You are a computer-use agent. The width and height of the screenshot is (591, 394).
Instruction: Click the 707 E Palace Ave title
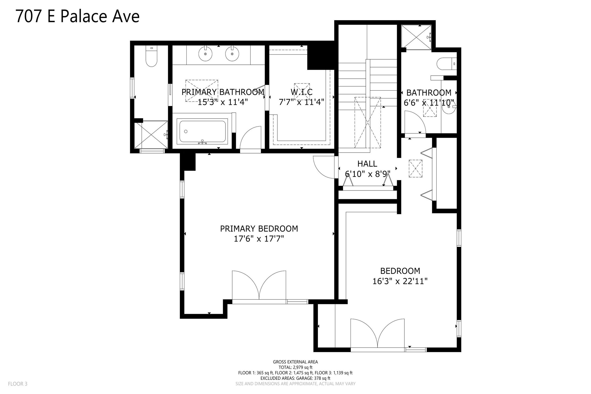(x=78, y=16)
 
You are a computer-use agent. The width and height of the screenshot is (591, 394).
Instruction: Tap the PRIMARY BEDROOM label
(x=259, y=229)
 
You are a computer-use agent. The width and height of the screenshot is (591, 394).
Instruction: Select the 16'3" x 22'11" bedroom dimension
(x=400, y=281)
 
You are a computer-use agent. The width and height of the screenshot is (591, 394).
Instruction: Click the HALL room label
(x=367, y=164)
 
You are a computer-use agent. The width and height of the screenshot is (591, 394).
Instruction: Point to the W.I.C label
(x=302, y=92)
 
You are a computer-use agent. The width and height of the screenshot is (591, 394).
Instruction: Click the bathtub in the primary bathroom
(x=202, y=131)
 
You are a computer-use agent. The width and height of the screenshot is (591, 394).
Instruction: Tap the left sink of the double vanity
(x=205, y=53)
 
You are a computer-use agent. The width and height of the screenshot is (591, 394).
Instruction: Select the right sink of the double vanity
(x=232, y=53)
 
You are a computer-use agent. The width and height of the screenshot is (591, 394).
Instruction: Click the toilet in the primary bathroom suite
(x=151, y=56)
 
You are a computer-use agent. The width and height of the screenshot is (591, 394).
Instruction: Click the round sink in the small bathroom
(x=448, y=107)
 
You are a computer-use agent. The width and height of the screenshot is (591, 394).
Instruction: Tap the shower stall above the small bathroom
(x=416, y=37)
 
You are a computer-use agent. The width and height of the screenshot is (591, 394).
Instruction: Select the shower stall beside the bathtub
(x=151, y=135)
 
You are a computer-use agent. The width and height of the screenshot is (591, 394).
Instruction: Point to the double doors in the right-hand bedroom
(x=378, y=334)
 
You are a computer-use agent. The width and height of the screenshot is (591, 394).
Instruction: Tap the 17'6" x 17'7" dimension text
(x=259, y=239)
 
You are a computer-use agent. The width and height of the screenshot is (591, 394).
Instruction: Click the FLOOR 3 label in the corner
(x=18, y=384)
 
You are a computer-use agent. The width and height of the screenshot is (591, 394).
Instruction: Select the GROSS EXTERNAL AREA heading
(x=295, y=362)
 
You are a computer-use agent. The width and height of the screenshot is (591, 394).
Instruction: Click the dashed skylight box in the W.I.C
(x=302, y=92)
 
